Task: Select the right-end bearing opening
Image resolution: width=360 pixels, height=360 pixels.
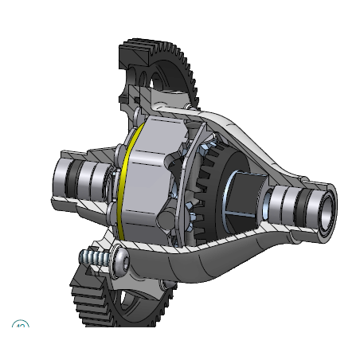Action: (324, 205)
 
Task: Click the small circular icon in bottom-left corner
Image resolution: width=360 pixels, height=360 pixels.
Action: (20, 325)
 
